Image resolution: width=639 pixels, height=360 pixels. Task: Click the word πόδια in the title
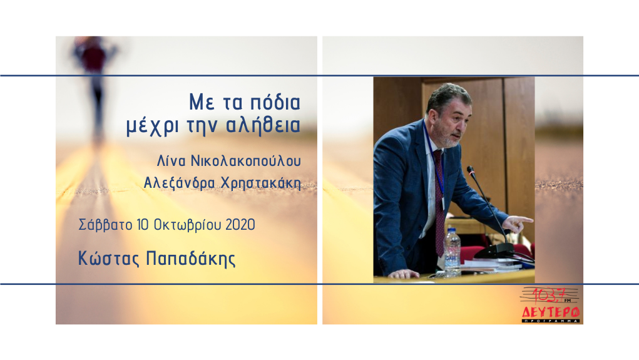point(275,103)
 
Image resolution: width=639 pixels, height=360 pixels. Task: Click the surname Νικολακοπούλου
point(246,161)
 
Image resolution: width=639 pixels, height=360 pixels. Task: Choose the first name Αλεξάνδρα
point(180,183)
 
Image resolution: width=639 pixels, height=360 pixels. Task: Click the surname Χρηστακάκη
point(261,183)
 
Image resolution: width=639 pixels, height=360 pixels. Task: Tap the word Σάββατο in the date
point(105,225)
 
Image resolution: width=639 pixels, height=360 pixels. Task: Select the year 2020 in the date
point(240,225)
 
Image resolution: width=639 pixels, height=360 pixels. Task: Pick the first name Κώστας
point(109,259)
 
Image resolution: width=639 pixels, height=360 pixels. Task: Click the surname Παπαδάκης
point(191,259)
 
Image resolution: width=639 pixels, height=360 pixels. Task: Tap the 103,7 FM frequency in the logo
point(550,295)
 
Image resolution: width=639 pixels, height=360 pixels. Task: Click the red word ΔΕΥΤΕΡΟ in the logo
point(551,312)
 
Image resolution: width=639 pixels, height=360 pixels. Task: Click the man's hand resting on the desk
point(404,274)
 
